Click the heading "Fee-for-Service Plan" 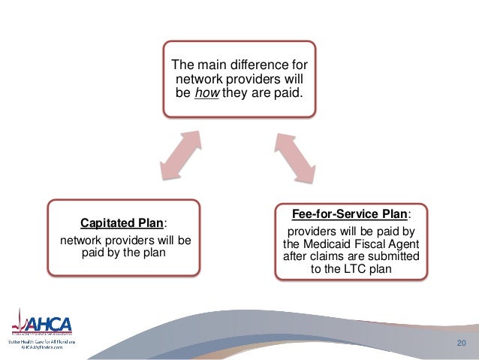point(348,213)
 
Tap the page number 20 point(461,343)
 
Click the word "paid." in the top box point(287,92)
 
